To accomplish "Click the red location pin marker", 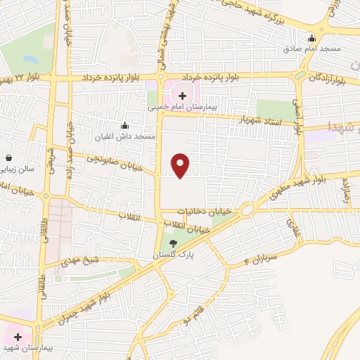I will [x=181, y=165].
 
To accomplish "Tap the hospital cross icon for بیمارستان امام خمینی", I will [x=182, y=95].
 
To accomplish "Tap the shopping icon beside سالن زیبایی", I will [x=8, y=158].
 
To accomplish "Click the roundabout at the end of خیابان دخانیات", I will [x=247, y=210].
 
